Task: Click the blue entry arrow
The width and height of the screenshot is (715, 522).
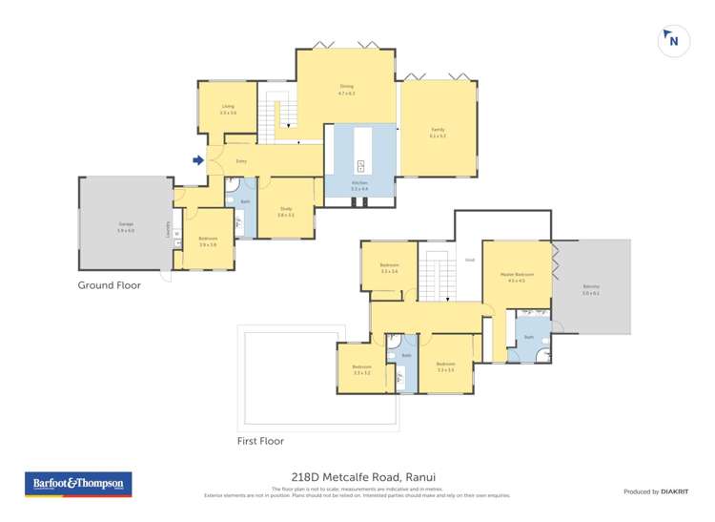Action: (198, 160)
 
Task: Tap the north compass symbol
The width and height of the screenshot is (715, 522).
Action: (673, 41)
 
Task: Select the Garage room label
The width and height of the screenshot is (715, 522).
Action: (125, 225)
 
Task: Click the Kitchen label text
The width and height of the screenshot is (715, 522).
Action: (359, 185)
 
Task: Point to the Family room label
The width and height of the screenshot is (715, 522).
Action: (438, 132)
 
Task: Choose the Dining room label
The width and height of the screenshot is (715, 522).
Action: (346, 90)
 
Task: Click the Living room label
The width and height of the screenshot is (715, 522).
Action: (228, 109)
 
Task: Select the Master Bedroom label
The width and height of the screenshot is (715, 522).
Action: (517, 277)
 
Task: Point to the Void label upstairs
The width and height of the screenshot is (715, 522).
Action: (469, 259)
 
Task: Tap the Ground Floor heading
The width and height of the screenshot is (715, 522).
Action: (109, 285)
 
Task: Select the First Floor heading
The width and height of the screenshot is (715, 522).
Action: (260, 441)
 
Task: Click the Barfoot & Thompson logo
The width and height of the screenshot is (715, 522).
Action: (78, 484)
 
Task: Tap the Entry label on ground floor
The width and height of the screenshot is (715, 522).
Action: (241, 161)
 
